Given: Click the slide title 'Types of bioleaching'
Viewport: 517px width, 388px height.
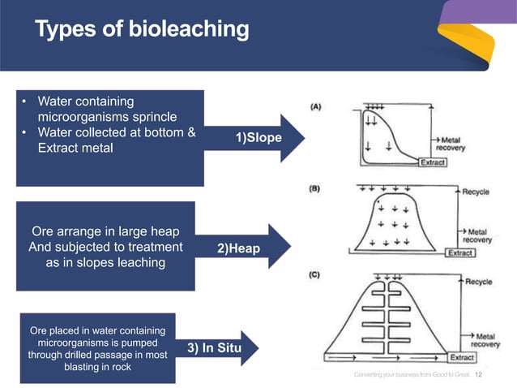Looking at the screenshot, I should pyautogui.click(x=142, y=30).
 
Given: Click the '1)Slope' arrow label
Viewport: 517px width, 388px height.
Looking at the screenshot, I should pyautogui.click(x=258, y=138).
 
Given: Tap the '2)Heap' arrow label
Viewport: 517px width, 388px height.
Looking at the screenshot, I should pyautogui.click(x=239, y=248).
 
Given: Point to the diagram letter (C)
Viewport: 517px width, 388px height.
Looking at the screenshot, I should pyautogui.click(x=317, y=274).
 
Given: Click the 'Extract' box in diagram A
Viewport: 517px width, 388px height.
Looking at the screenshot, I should pyautogui.click(x=432, y=162).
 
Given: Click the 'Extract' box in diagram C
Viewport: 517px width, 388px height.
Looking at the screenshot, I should pyautogui.click(x=462, y=357).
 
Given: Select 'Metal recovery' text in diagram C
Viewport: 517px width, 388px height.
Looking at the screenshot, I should pyautogui.click(x=486, y=340).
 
